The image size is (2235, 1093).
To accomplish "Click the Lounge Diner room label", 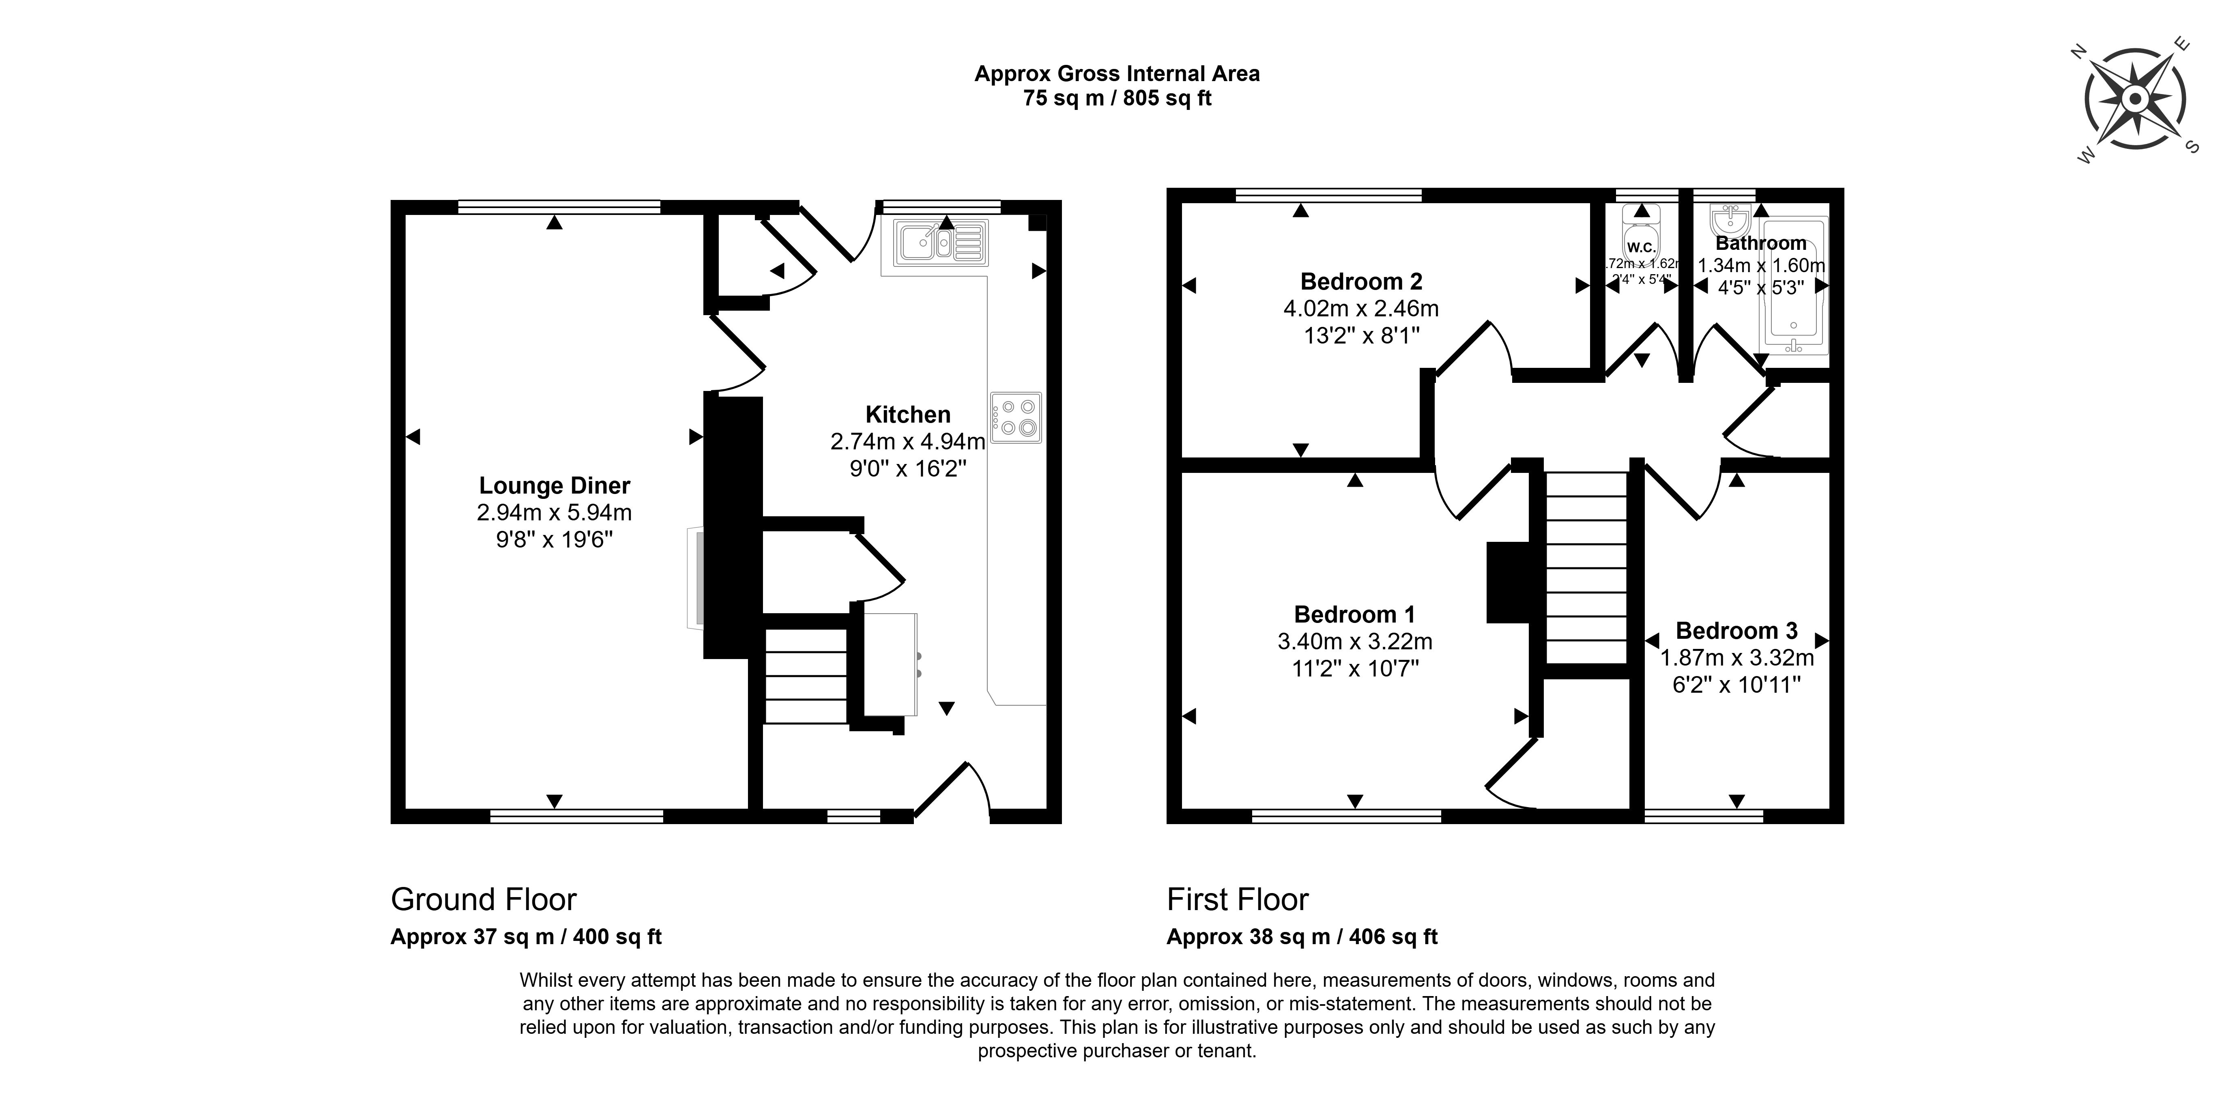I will click(x=554, y=486).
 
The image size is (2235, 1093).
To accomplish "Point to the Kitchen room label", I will click(x=907, y=414).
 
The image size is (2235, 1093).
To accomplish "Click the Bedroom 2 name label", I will click(x=1360, y=282).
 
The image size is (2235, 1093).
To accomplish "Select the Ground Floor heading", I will click(x=483, y=900).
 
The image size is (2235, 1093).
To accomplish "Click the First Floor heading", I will click(x=1237, y=900).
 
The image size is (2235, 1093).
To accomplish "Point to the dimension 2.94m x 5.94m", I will click(x=554, y=513).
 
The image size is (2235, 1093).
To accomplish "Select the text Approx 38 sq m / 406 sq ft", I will click(x=1301, y=937).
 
